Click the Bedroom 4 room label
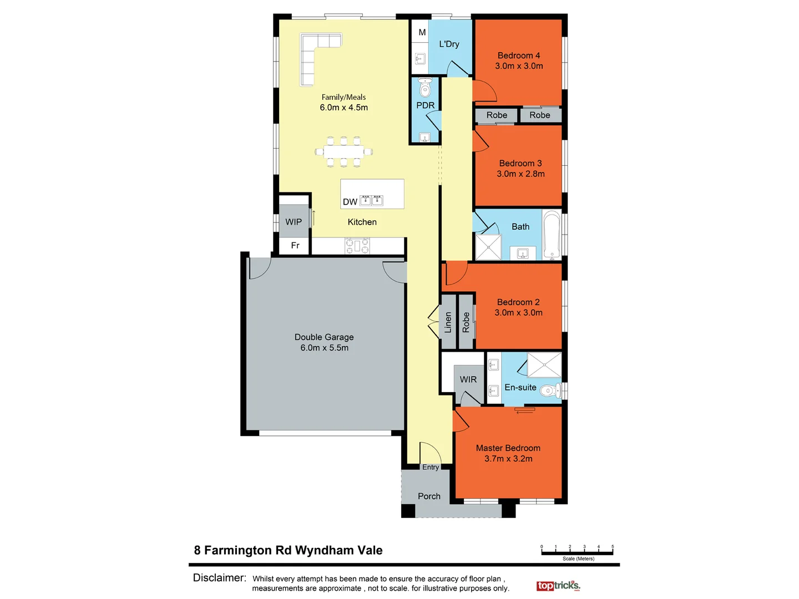click(x=518, y=55)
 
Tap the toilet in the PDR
click(x=425, y=88)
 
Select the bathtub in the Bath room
click(x=552, y=235)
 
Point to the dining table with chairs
click(x=344, y=151)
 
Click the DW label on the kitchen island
click(x=350, y=202)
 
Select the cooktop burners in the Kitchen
click(x=357, y=245)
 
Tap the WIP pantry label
click(x=294, y=222)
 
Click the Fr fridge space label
click(x=295, y=245)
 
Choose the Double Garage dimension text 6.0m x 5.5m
click(x=325, y=348)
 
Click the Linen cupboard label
click(x=448, y=322)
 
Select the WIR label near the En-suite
click(x=468, y=379)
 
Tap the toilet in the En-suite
click(x=549, y=390)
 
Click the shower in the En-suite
click(x=544, y=365)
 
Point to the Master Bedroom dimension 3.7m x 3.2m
click(x=508, y=459)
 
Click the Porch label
click(x=429, y=496)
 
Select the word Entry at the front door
click(x=431, y=468)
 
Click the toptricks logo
click(x=558, y=586)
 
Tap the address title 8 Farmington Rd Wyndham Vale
click(x=288, y=550)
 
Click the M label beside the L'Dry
click(x=422, y=33)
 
